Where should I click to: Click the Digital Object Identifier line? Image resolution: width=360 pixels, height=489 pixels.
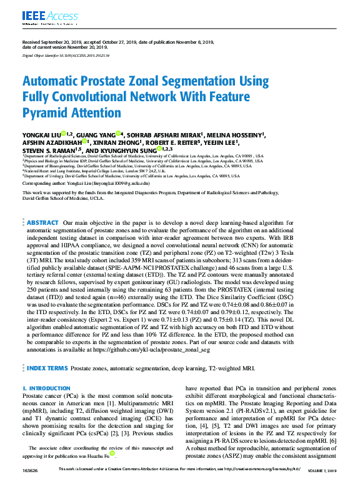[x=66, y=56]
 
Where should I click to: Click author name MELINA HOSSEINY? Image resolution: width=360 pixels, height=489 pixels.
[x=237, y=134]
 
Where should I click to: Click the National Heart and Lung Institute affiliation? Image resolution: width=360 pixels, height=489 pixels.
[x=94, y=170]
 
